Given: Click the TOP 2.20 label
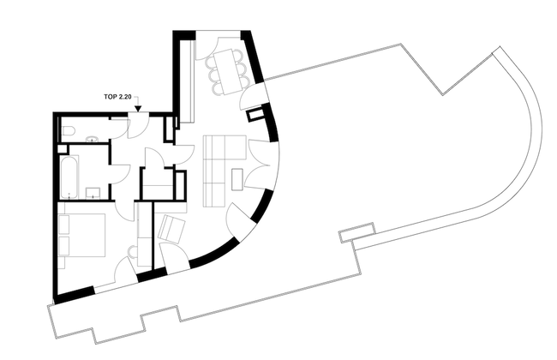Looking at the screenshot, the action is (x=117, y=97).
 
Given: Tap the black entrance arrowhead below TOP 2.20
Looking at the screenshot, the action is (x=138, y=109).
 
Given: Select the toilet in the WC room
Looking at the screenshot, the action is (x=68, y=132).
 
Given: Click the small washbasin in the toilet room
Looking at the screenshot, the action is (x=93, y=139).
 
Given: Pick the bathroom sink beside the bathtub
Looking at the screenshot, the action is (x=93, y=193).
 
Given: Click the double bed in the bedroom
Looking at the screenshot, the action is (x=81, y=235).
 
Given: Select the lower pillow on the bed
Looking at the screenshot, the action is (x=63, y=245).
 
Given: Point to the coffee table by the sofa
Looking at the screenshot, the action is (x=237, y=180).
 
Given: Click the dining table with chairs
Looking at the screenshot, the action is (x=225, y=72).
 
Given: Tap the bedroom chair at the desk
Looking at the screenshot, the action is (x=134, y=253).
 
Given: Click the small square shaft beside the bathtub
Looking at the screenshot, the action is (x=63, y=149).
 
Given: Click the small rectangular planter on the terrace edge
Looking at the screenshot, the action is (x=356, y=232).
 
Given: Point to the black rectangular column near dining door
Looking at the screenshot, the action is (x=255, y=115).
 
